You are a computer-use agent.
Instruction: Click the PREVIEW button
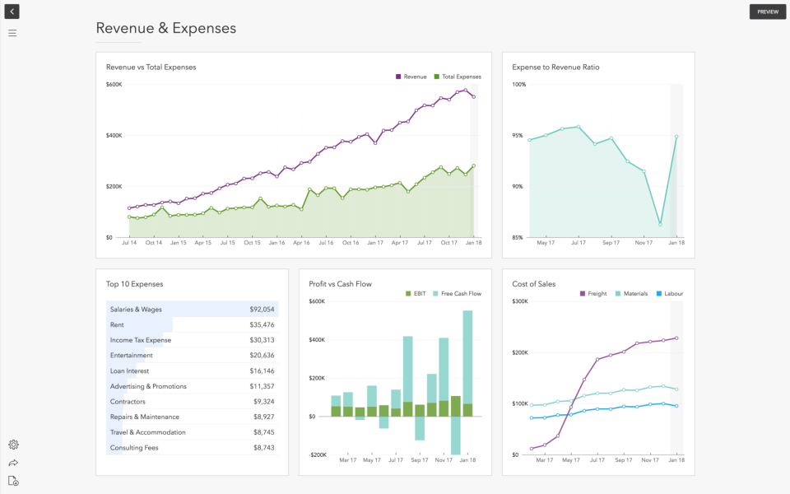pos(767,12)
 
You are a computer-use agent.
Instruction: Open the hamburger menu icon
pos(12,33)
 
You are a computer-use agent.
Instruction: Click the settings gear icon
pos(13,445)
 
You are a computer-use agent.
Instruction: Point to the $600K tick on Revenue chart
pos(114,84)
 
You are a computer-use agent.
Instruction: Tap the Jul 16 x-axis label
pos(326,243)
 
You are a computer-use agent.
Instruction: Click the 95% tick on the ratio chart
pos(518,135)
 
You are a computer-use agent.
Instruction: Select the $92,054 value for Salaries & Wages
pos(262,310)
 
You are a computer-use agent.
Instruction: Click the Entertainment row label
pos(131,356)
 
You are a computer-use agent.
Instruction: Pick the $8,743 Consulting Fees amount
pos(263,448)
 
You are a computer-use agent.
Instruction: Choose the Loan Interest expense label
pos(129,371)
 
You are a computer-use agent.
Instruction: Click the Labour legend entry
pos(673,294)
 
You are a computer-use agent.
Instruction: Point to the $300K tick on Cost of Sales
pos(519,301)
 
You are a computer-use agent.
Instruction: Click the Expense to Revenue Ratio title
pos(555,68)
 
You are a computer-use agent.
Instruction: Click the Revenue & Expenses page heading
pos(165,28)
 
